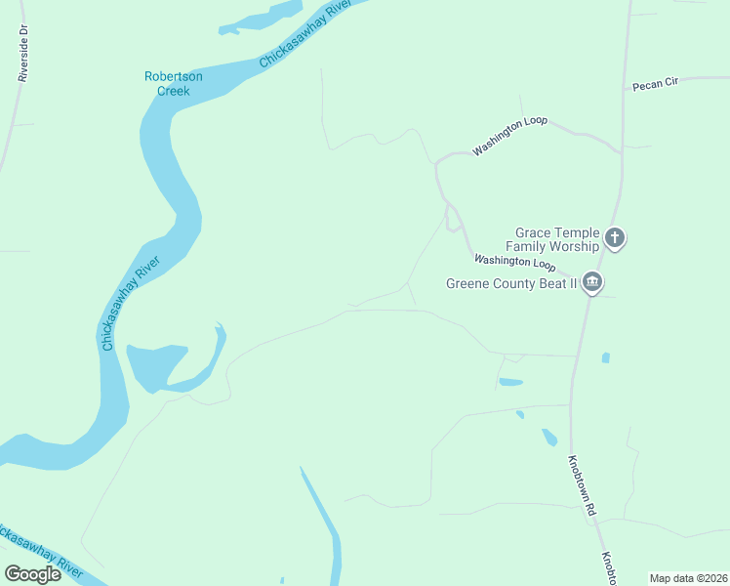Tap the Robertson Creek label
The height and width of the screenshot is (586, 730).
coord(174,83)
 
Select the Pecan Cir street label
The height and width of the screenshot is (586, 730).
coord(655,85)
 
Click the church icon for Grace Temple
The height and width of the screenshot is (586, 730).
coord(615,236)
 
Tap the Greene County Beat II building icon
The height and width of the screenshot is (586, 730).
coord(592,283)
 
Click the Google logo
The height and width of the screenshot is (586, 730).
coord(33,573)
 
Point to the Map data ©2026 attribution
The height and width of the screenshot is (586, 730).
coord(688,578)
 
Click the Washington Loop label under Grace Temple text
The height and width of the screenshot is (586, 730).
coord(514,263)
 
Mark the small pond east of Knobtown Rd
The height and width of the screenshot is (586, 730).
coord(605,358)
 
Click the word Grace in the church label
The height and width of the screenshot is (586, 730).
coord(537,233)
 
